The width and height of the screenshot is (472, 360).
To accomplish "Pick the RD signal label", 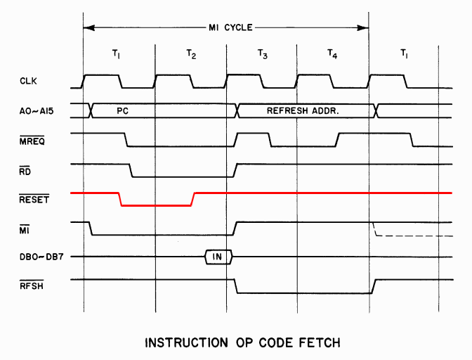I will point(25,169).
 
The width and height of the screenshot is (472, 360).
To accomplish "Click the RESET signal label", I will point(32,198).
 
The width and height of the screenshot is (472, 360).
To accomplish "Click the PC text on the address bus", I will point(122,110).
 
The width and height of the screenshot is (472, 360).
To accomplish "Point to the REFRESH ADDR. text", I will point(303,110).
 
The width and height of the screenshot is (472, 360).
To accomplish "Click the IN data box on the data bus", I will point(218,257).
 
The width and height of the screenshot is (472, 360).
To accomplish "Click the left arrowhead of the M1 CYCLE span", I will point(88,27).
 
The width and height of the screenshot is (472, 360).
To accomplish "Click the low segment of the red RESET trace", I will point(156,205).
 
